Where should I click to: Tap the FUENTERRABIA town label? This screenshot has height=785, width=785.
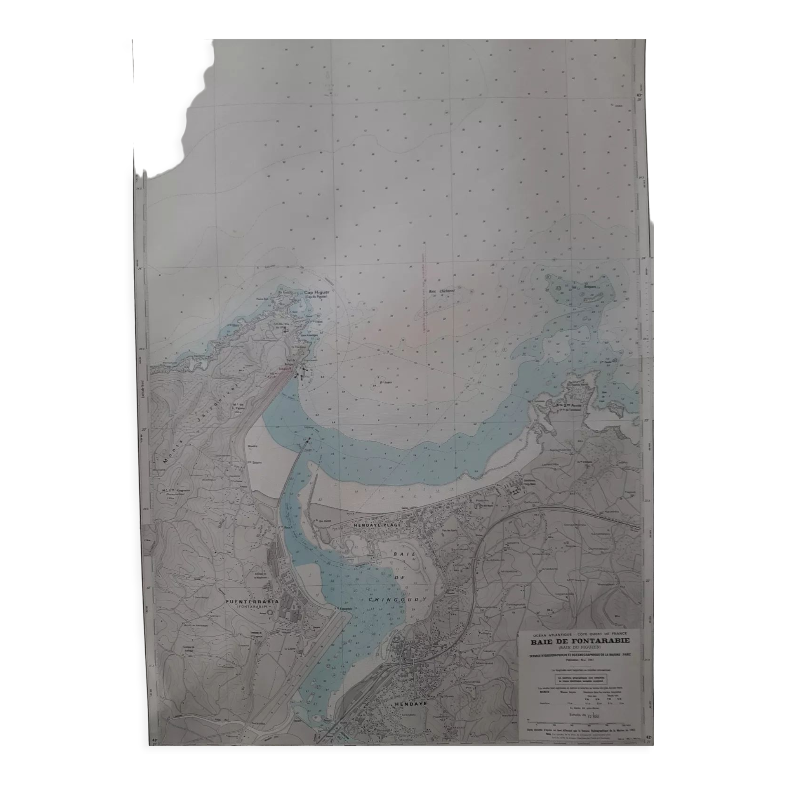[x=252, y=601]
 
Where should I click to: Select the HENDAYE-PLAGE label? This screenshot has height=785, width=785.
[x=378, y=525]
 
